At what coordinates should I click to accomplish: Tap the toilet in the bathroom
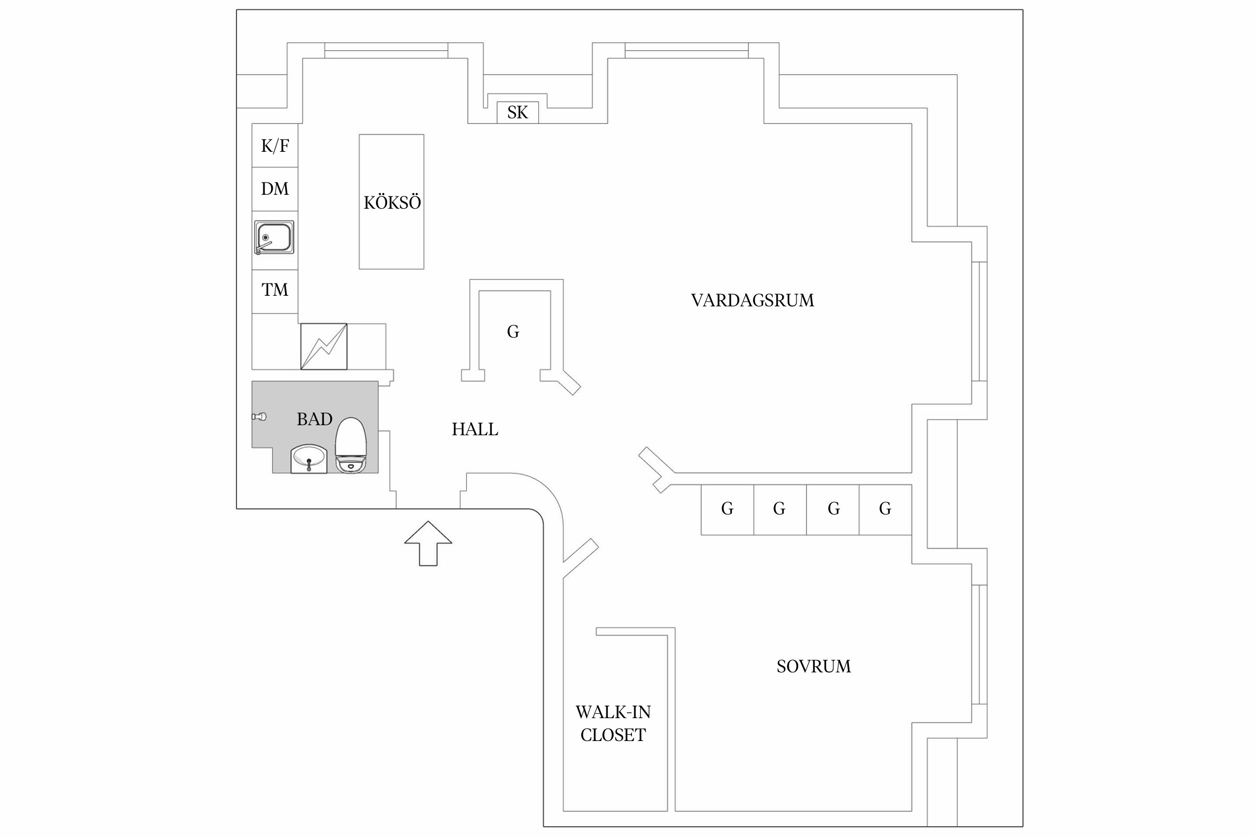(x=350, y=445)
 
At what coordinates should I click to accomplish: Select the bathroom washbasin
(x=308, y=459)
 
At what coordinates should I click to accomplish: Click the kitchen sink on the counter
(x=274, y=238)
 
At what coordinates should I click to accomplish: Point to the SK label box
(x=518, y=113)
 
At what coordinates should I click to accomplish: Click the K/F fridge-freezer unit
(x=275, y=146)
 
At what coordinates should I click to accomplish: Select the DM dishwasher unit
(x=275, y=189)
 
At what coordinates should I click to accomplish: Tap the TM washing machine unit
(x=275, y=290)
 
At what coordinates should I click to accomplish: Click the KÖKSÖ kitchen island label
(x=392, y=203)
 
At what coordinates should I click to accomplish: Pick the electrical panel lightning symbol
(x=324, y=347)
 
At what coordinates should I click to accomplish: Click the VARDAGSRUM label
(x=752, y=301)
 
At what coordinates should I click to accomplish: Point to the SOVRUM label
(x=814, y=666)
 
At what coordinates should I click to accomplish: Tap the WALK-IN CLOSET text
(x=613, y=724)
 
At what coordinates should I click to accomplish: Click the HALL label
(x=475, y=429)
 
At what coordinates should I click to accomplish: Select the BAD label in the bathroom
(x=315, y=419)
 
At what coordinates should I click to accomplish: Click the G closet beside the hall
(x=513, y=332)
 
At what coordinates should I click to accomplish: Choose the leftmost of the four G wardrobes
(x=727, y=509)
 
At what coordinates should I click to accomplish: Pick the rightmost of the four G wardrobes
(x=885, y=509)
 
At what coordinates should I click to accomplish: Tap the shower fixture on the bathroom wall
(x=259, y=416)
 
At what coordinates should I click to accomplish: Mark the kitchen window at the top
(x=386, y=51)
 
